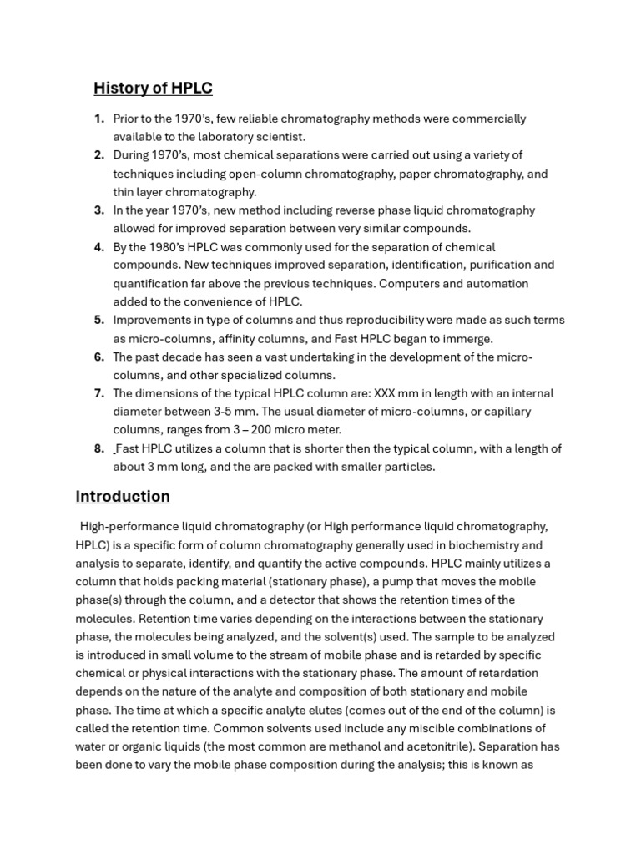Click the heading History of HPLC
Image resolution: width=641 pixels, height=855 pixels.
153,88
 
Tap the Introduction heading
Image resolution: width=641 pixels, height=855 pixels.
123,497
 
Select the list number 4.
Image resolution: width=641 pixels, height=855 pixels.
98,247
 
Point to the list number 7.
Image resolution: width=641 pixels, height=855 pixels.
98,393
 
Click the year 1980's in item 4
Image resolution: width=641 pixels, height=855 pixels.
170,247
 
